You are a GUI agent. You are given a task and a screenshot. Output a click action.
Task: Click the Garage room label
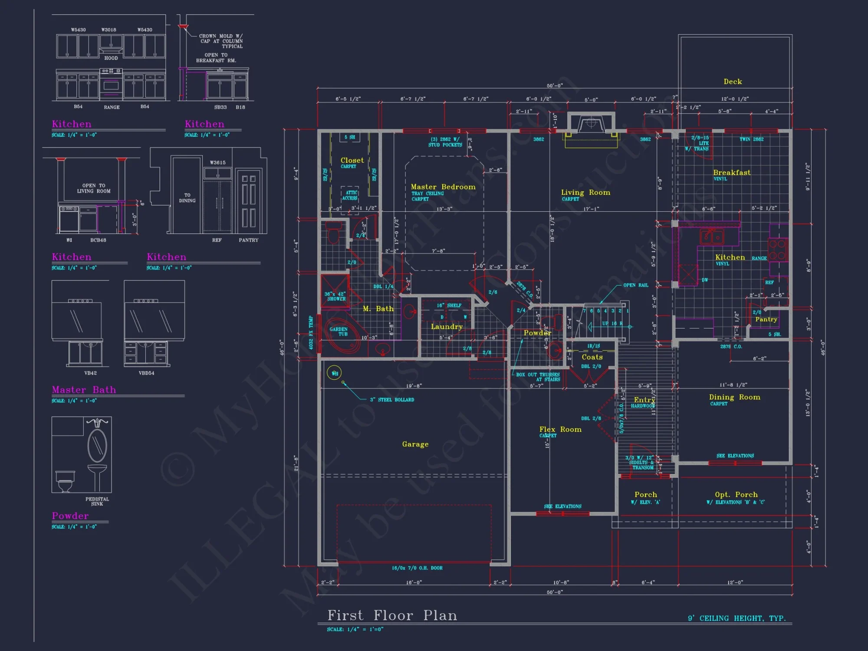click(415, 444)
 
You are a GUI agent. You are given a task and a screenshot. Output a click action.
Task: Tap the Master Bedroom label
click(443, 187)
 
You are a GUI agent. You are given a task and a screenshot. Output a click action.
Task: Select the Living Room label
click(585, 192)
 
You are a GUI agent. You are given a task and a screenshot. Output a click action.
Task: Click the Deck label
click(733, 82)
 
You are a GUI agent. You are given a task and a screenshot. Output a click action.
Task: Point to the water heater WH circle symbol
click(334, 373)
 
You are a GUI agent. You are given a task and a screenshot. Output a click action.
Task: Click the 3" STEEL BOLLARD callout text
click(391, 400)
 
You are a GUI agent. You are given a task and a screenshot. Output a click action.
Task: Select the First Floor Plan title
click(392, 615)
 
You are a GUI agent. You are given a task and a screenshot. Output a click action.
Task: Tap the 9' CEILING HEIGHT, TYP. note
click(736, 618)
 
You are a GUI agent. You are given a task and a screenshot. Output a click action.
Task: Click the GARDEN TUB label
click(339, 332)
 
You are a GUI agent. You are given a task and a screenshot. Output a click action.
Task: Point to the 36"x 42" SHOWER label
click(335, 296)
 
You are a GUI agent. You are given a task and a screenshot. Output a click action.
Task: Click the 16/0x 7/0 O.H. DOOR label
click(417, 568)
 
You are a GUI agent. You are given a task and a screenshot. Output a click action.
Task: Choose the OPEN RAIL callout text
click(635, 285)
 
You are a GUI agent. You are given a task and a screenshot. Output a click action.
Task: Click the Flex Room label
click(560, 430)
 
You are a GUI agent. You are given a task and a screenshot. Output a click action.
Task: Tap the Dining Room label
click(734, 398)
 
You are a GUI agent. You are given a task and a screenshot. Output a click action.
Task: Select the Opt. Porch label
click(736, 495)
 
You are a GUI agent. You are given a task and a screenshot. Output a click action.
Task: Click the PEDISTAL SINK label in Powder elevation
click(97, 501)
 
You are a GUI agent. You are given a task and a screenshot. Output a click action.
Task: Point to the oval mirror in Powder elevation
click(97, 445)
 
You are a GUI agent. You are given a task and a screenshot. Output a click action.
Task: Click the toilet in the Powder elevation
click(65, 481)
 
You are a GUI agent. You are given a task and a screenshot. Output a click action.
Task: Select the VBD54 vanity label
click(146, 373)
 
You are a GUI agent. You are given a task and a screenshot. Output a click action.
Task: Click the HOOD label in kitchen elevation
click(111, 58)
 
